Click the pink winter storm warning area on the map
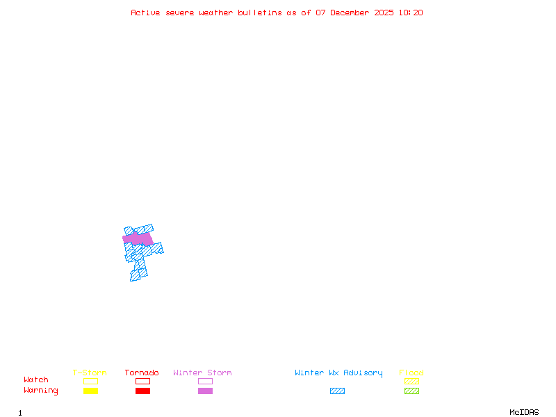pos(138,239)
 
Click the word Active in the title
pos(146,13)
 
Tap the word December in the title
pos(352,13)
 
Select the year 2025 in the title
pos(384,13)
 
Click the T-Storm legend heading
pos(90,373)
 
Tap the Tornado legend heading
pos(142,373)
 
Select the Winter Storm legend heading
pos(202,373)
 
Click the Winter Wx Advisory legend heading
pos(338,373)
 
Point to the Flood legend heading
pos(411,373)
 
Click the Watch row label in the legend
pos(36,380)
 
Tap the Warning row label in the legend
pos(41,391)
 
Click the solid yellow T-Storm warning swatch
pos(90,391)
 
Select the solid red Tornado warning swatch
pos(142,391)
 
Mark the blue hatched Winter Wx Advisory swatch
pos(337,391)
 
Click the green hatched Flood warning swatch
pos(411,391)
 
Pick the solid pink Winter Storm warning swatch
pos(205,391)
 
